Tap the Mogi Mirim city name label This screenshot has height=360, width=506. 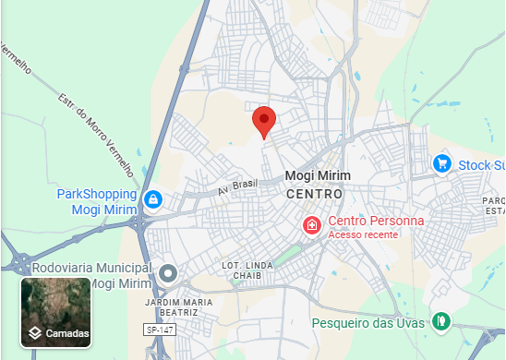tap(315, 176)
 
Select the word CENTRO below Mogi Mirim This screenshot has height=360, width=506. tap(314, 195)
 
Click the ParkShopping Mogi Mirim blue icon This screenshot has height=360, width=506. tap(153, 198)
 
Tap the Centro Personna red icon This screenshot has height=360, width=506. tap(313, 223)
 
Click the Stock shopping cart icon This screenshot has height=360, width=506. tap(442, 164)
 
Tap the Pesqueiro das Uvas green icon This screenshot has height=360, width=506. tap(442, 320)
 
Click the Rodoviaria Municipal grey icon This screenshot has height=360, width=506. tap(168, 273)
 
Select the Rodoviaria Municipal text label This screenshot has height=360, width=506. tap(90, 275)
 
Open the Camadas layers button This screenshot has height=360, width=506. tap(55, 313)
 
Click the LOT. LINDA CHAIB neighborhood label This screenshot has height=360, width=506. tap(247, 272)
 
